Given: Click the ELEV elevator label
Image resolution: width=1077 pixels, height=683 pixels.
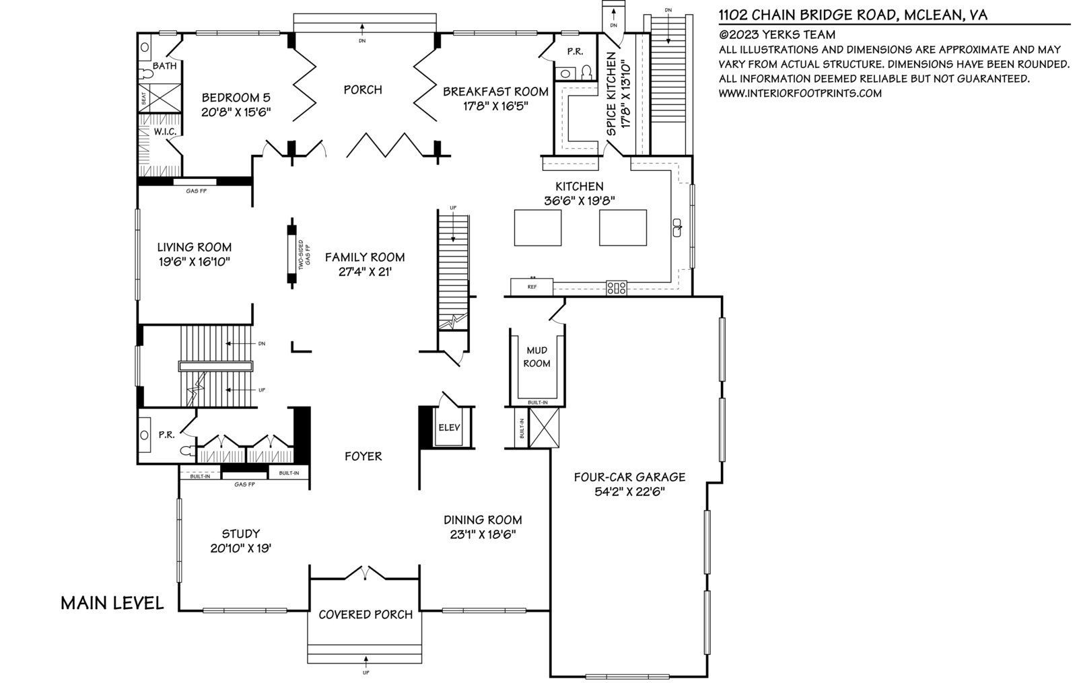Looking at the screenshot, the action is pyautogui.click(x=449, y=427).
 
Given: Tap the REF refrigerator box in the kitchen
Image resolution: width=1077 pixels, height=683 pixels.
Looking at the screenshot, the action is pyautogui.click(x=532, y=287).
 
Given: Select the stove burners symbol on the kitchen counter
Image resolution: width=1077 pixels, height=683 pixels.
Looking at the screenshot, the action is pyautogui.click(x=617, y=288).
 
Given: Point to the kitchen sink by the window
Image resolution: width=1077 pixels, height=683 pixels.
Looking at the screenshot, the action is pyautogui.click(x=677, y=227).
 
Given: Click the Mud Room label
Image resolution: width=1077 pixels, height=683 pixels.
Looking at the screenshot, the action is pyautogui.click(x=536, y=357).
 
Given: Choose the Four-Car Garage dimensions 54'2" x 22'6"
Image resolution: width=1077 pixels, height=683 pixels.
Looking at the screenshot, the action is pyautogui.click(x=629, y=492).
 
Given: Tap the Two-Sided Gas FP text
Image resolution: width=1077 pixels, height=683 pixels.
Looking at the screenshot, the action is pyautogui.click(x=304, y=254).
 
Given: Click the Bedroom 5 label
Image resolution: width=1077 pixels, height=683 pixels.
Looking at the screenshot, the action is pyautogui.click(x=236, y=98).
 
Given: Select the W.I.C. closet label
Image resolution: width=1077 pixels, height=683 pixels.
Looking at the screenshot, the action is pyautogui.click(x=165, y=131).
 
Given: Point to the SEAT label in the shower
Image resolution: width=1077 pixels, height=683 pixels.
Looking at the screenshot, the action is pyautogui.click(x=143, y=99).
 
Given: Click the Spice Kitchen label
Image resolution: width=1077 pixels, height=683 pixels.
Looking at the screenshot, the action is pyautogui.click(x=611, y=94).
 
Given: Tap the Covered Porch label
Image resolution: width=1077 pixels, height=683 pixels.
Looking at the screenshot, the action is pyautogui.click(x=366, y=614).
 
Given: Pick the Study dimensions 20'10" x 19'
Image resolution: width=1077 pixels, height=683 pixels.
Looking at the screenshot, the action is pyautogui.click(x=241, y=548).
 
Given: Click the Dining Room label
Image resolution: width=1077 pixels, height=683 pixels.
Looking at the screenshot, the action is pyautogui.click(x=483, y=519).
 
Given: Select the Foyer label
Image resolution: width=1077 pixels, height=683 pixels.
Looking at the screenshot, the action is pyautogui.click(x=363, y=456).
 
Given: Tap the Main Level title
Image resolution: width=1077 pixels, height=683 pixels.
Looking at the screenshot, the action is pyautogui.click(x=112, y=603).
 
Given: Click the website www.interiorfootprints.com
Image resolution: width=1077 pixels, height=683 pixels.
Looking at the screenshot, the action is pyautogui.click(x=800, y=94).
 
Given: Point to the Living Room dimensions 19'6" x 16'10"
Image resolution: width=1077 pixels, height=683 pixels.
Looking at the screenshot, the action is pyautogui.click(x=195, y=262).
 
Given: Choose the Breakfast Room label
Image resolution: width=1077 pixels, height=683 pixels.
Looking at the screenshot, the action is pyautogui.click(x=495, y=92).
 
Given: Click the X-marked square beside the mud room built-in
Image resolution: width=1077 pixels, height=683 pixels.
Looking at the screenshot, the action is pyautogui.click(x=544, y=428).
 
